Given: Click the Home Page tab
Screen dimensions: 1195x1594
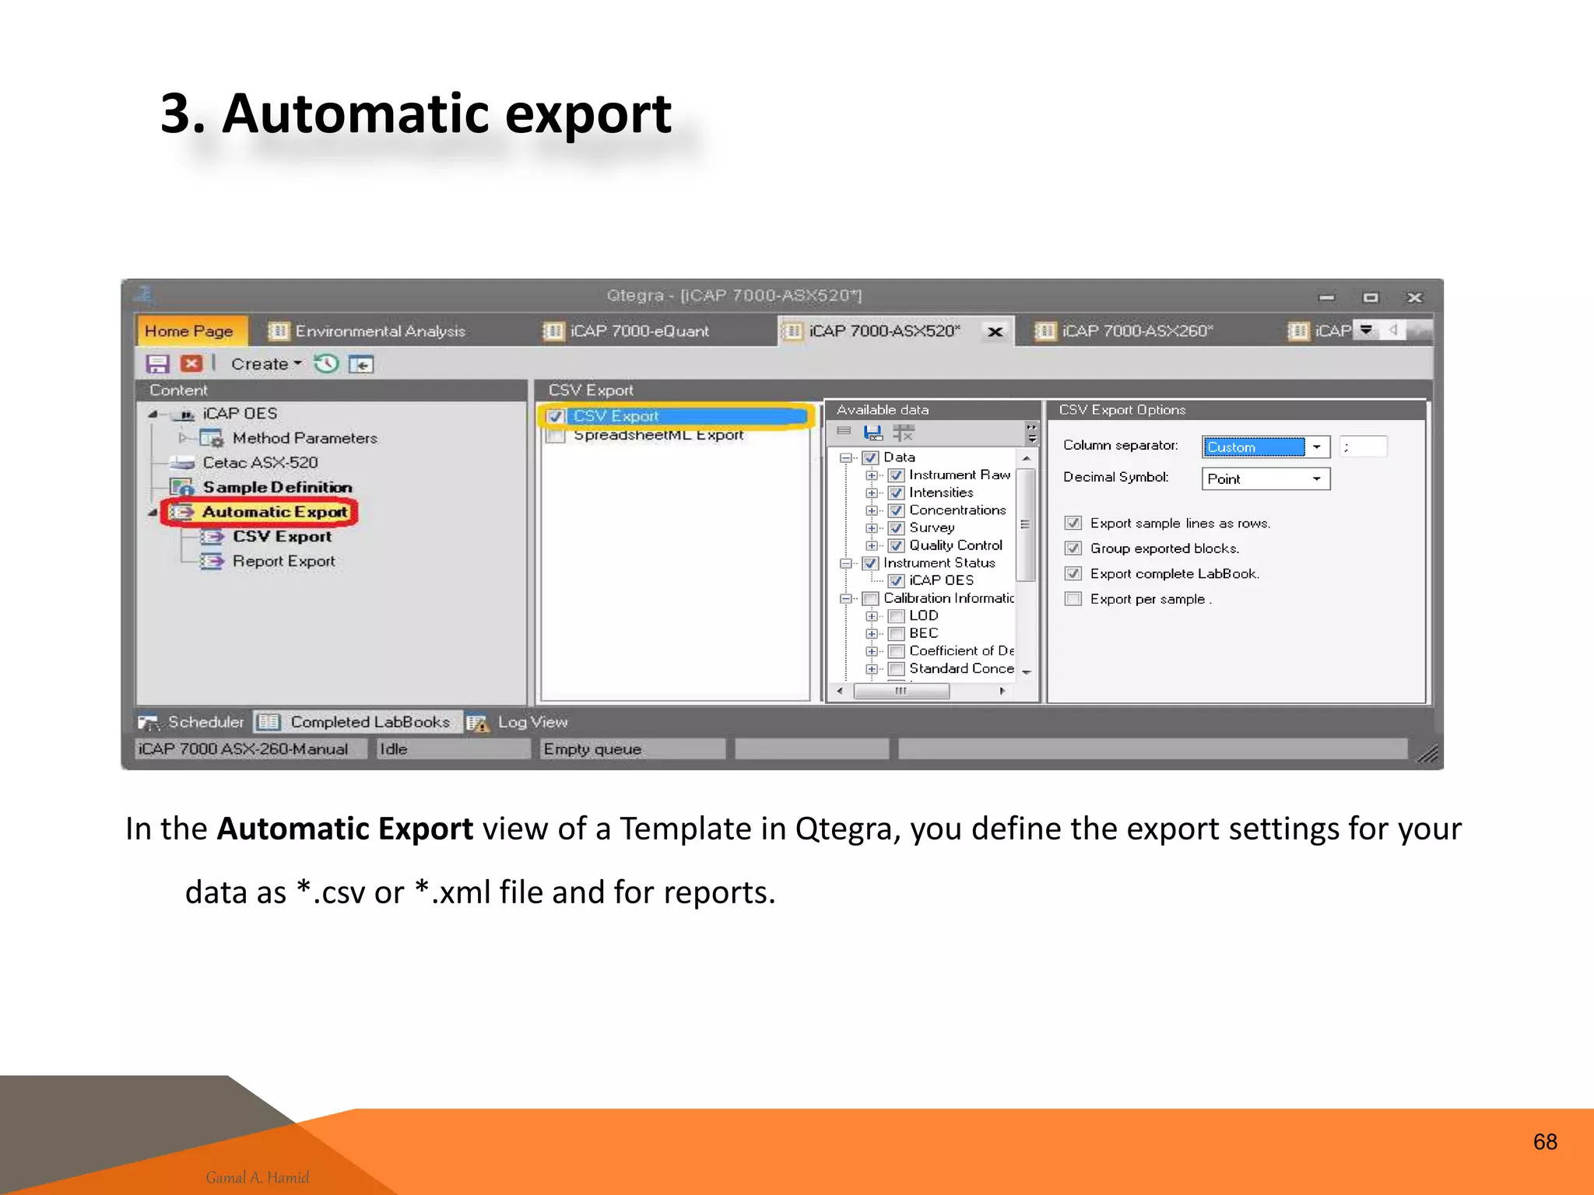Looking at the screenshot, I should click(189, 331).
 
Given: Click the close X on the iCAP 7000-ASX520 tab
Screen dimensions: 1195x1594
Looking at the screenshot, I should click(995, 332).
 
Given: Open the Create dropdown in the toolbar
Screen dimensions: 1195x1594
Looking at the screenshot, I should click(266, 364).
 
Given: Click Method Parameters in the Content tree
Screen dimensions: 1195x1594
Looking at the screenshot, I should click(304, 438).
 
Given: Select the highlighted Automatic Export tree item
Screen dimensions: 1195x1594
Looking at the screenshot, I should click(274, 512).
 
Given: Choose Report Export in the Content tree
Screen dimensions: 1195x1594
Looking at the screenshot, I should click(283, 561).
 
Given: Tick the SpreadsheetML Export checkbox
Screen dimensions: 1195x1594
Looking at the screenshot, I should click(556, 436).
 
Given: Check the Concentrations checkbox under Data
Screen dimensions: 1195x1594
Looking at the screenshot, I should click(896, 510).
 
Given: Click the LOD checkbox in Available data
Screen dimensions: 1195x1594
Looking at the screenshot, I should click(896, 616).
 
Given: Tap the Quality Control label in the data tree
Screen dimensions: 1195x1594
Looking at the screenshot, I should click(955, 545).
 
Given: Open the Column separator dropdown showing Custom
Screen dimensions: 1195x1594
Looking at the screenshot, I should click(1316, 447).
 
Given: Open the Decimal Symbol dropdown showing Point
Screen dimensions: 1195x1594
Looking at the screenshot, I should click(1316, 478).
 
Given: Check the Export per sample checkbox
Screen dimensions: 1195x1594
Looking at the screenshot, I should click(1073, 599).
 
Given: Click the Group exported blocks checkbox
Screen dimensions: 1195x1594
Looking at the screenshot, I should click(1073, 548).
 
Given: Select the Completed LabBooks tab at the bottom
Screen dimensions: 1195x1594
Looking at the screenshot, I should click(369, 722).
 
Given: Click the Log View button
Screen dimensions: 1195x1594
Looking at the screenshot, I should click(532, 722).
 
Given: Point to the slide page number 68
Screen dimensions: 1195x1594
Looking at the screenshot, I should click(1544, 1141).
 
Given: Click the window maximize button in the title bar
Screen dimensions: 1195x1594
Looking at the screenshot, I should click(1371, 297).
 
